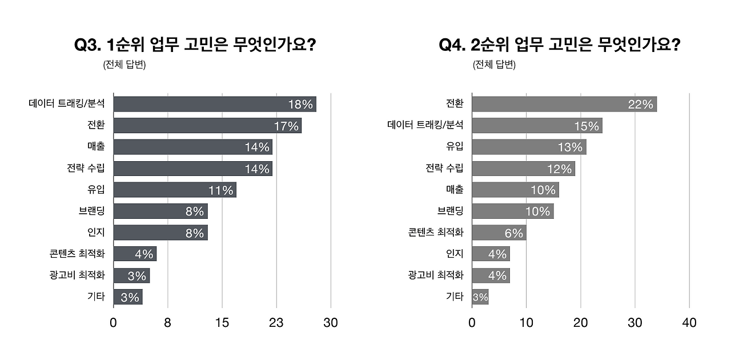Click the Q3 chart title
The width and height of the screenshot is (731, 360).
tap(195, 46)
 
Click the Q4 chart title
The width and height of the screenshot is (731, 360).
tap(560, 46)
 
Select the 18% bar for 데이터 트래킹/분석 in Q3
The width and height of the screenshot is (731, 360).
tap(215, 104)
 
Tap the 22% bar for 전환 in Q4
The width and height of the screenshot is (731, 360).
tap(564, 104)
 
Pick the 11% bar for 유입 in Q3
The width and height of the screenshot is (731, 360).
tap(175, 190)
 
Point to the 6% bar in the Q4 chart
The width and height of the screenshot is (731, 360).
tap(499, 233)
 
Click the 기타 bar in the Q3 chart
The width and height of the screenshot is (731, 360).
tap(128, 297)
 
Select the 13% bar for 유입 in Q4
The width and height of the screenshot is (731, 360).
tap(529, 147)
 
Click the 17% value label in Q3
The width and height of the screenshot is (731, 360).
tap(286, 126)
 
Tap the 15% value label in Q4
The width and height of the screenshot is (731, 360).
tap(587, 126)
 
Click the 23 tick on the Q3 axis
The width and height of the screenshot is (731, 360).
tap(276, 323)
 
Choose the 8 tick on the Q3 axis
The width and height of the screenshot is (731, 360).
tap(167, 323)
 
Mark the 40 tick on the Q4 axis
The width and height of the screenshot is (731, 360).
tap(689, 323)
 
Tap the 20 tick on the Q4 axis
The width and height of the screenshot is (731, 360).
tap(581, 323)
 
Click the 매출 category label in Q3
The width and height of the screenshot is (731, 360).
tap(96, 147)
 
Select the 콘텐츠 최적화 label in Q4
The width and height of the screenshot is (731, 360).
tap(436, 233)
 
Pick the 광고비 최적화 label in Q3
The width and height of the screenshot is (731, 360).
tap(77, 275)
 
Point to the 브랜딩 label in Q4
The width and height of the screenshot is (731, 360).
tap(451, 211)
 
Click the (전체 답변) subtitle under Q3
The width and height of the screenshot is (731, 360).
tap(124, 65)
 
